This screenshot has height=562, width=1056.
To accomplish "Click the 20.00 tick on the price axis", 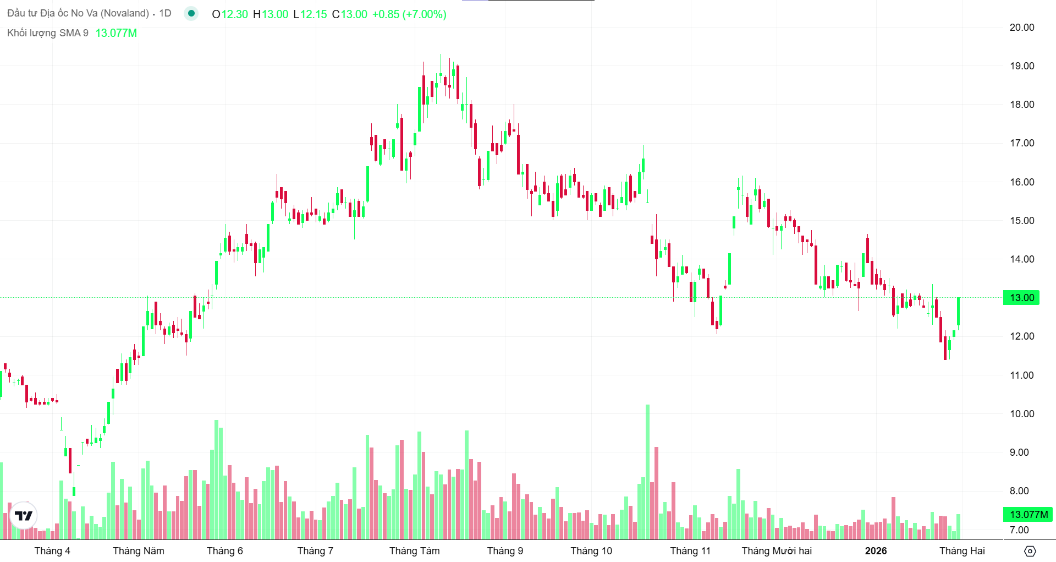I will pos(1021,28).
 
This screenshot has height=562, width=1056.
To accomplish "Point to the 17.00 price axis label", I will pos(1021,143).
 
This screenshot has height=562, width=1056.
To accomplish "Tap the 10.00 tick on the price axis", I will pos(1021,414).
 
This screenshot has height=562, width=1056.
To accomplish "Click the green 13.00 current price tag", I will pos(1021,298).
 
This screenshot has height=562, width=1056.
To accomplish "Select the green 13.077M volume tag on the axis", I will pos(1027,515).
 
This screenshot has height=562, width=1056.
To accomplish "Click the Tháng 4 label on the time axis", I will pos(52,551).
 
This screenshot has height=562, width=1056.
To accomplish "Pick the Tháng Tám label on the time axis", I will pos(414,551).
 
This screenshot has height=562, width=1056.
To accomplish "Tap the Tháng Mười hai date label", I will pos(776,551).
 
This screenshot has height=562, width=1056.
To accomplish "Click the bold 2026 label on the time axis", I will pos(876,551).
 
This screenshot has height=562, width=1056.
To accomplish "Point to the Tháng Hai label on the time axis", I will pos(962,551).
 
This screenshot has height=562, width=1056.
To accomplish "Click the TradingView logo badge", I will pos(24,516).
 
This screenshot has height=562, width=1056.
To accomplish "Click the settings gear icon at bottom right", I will pos(1030,551).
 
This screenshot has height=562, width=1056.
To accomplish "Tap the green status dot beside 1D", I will pos(191,13).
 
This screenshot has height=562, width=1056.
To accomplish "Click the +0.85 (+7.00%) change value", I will pos(409,14).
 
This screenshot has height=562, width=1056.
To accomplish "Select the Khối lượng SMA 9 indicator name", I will pos(48,33).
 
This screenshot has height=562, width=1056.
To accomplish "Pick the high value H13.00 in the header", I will pos(271,14).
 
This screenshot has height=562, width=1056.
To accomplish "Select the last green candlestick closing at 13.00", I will pos(958,312).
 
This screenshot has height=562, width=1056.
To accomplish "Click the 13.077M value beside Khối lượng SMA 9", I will pos(116,33).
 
